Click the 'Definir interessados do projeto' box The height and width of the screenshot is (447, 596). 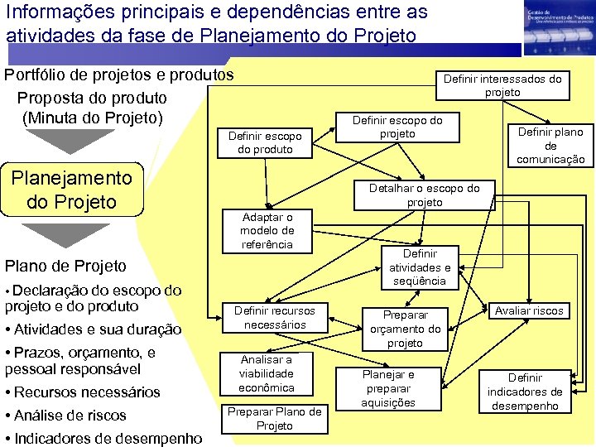[502, 85]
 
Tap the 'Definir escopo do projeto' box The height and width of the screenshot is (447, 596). [397, 127]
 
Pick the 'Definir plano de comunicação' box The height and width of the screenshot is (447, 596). [550, 145]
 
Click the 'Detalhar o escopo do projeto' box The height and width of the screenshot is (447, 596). [425, 195]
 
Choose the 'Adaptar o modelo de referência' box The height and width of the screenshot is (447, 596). [267, 230]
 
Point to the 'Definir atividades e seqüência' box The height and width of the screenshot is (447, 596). [420, 267]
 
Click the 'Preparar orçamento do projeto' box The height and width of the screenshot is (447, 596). [405, 329]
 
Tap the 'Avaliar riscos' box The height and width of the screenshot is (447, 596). [529, 311]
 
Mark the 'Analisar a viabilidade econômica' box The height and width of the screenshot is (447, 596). [267, 373]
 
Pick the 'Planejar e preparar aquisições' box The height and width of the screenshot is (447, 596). [388, 388]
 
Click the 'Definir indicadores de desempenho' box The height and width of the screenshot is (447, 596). [525, 391]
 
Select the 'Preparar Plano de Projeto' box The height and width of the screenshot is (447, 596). [275, 418]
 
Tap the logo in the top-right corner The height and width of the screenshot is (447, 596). [557, 27]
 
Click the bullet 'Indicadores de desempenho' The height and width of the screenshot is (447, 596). [107, 438]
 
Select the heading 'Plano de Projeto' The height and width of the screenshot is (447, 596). [66, 266]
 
